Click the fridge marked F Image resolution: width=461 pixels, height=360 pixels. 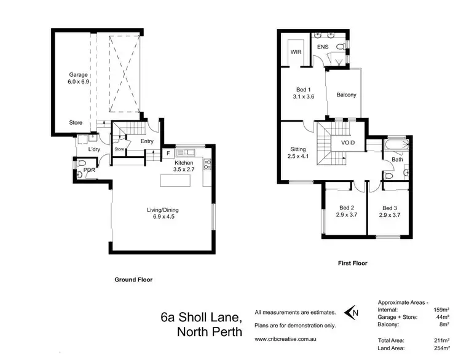point(167,154)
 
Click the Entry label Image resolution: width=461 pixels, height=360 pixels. point(147,141)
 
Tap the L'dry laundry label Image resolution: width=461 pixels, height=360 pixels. point(94,149)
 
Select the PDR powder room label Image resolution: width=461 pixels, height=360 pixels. point(89,170)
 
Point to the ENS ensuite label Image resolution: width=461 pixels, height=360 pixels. point(323,47)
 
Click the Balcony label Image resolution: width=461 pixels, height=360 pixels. point(346,95)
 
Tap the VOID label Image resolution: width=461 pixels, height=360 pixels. point(339,143)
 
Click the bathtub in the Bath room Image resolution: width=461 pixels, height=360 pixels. point(395,147)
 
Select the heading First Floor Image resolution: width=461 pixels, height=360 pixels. point(352,263)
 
